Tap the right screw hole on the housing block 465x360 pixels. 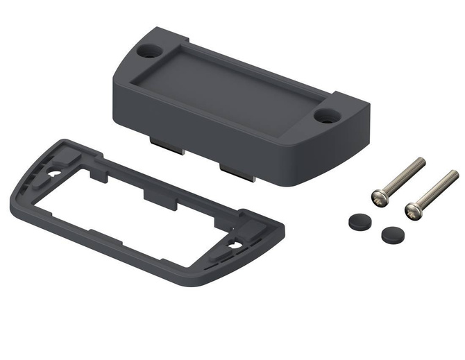(325, 115)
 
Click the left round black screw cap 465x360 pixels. (359, 221)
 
